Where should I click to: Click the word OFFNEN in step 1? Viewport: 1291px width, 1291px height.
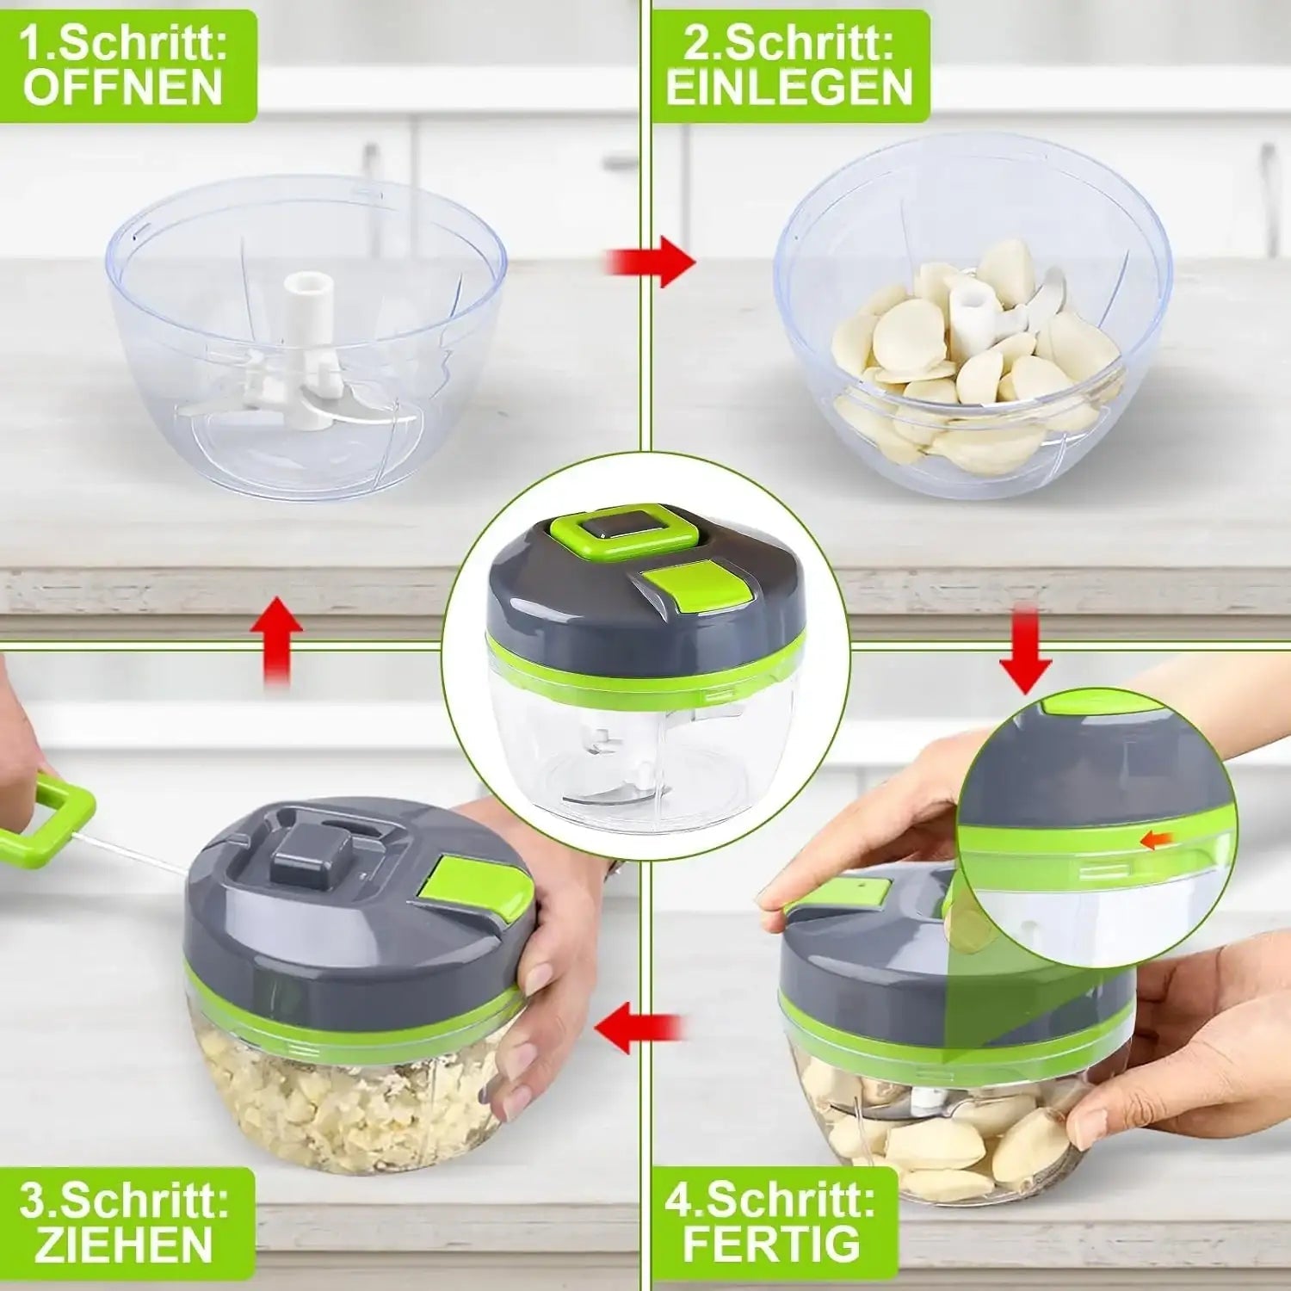tap(123, 88)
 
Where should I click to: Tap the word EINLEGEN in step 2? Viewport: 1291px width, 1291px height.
tap(789, 88)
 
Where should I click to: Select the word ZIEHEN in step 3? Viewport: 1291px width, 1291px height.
tap(123, 1245)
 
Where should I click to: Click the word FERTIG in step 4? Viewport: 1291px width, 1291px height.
tap(771, 1242)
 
